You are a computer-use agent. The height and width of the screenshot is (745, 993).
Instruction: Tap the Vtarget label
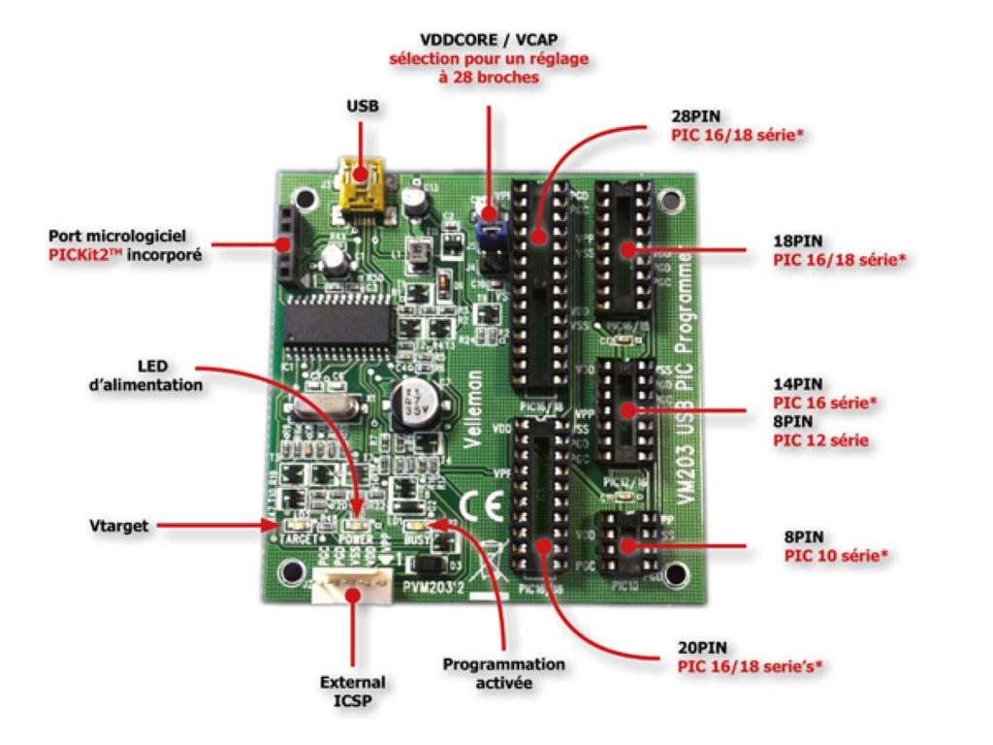(114, 525)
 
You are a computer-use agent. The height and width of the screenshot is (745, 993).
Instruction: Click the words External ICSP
(352, 690)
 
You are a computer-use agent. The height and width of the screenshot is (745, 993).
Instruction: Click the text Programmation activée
(503, 673)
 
